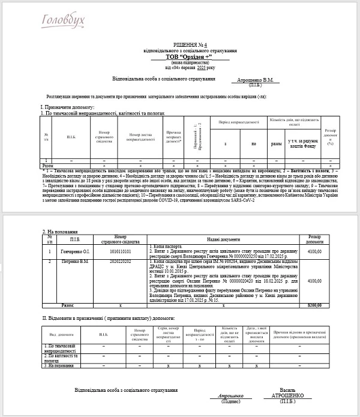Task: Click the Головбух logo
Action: [63, 21]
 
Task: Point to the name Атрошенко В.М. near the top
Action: [256, 80]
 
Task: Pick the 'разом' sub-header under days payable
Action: [277, 144]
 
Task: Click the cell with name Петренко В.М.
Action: [74, 262]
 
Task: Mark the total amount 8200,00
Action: [314, 305]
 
